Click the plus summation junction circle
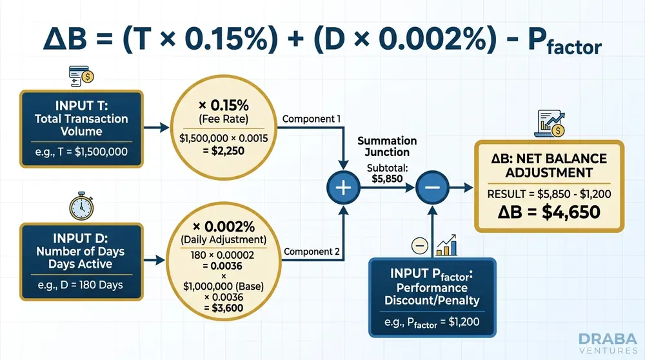[344, 188]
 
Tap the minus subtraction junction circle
[432, 188]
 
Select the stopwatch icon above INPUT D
[81, 206]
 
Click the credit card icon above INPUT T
[81, 76]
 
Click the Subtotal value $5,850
[387, 179]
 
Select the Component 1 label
[312, 119]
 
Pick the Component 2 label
[312, 252]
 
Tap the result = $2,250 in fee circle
[224, 151]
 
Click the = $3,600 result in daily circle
[224, 308]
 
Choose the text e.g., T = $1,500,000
[81, 152]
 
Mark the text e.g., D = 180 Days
[80, 285]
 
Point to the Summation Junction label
[387, 146]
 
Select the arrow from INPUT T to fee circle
[156, 128]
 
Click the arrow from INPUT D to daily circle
[154, 260]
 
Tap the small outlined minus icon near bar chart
[420, 246]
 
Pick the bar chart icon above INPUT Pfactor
[447, 245]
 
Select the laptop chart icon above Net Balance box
[550, 123]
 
